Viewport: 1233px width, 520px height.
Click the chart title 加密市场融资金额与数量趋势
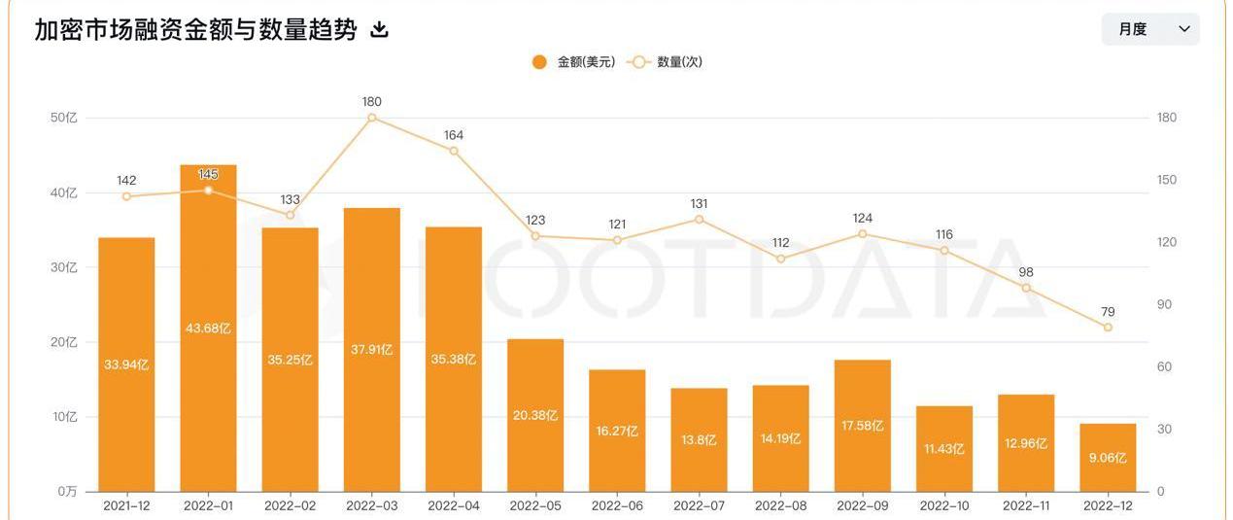[x=195, y=29]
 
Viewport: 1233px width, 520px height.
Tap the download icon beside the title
[x=380, y=30]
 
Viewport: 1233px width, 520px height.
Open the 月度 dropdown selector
[x=1149, y=29]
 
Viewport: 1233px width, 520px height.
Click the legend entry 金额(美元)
[x=573, y=62]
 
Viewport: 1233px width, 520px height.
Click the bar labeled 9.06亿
[x=1108, y=458]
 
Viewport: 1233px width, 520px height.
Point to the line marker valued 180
[x=372, y=118]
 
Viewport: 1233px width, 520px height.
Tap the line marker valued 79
[x=1108, y=328]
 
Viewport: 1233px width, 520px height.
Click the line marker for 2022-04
[x=454, y=151]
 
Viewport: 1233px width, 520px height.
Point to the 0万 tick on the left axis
[x=65, y=492]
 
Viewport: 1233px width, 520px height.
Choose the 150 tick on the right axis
[x=1167, y=180]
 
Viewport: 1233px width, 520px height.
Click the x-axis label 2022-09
[x=863, y=506]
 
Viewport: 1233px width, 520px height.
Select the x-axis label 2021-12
[x=126, y=506]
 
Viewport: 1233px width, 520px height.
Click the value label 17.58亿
[x=863, y=426]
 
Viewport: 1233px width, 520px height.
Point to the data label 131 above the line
[x=699, y=204]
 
